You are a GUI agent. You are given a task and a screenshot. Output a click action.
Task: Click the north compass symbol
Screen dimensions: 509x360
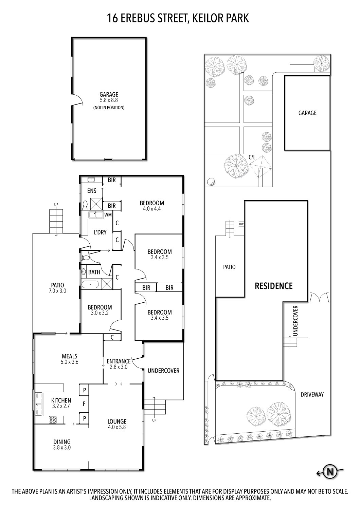pyautogui.click(x=329, y=472)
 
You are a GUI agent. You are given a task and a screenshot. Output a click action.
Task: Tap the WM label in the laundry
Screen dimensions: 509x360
pyautogui.click(x=108, y=215)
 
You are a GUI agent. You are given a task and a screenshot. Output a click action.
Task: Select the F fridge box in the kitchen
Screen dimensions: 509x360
pyautogui.click(x=84, y=404)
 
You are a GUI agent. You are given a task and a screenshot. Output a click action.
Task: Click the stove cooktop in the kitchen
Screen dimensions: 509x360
pyautogui.click(x=53, y=420)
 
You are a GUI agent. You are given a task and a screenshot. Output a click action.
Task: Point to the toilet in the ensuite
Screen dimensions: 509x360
pyautogui.click(x=85, y=205)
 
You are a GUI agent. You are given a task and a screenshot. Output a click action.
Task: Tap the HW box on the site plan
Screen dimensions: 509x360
pyautogui.click(x=241, y=224)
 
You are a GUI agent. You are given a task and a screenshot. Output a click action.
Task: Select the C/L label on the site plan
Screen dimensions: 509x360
pyautogui.click(x=252, y=157)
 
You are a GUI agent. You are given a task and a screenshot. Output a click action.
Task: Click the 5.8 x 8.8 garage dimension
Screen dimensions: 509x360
pyautogui.click(x=109, y=100)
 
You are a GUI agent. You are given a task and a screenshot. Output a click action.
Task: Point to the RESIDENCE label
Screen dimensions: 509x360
pyautogui.click(x=274, y=286)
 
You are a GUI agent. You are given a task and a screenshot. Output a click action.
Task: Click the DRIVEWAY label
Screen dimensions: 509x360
pyautogui.click(x=312, y=394)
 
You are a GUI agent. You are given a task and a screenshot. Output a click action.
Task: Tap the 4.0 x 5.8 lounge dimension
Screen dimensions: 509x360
pyautogui.click(x=117, y=427)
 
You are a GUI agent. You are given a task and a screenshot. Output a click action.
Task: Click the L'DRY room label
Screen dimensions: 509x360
pyautogui.click(x=100, y=232)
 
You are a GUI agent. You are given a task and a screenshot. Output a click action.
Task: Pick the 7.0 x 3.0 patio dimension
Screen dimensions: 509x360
pyautogui.click(x=57, y=291)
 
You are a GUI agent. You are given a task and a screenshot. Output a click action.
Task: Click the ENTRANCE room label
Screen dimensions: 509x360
pyautogui.click(x=119, y=361)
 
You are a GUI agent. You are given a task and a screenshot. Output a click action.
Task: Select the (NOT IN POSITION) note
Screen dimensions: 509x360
pyautogui.click(x=109, y=108)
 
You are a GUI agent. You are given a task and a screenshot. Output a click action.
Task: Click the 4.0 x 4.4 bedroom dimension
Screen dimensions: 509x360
pyautogui.click(x=151, y=209)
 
